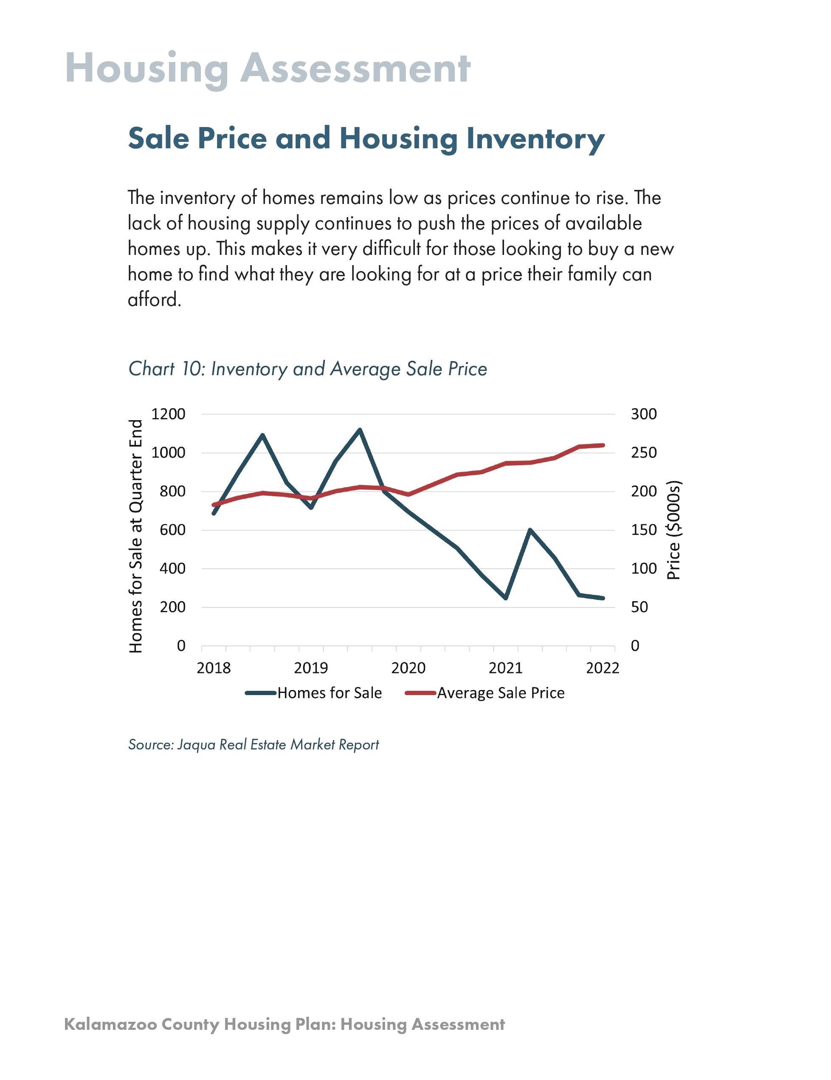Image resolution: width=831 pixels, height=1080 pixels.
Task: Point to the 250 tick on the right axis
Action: pos(643,452)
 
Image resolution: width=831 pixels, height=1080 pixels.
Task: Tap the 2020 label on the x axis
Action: pos(408,668)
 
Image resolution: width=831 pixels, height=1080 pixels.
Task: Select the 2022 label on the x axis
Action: pos(602,668)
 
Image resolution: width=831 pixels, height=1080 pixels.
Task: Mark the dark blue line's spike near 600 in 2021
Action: pos(530,530)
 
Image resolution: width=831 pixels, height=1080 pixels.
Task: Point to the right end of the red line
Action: pos(603,445)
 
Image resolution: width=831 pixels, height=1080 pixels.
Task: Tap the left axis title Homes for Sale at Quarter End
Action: pos(135,536)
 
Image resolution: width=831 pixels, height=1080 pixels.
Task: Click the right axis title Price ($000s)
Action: pos(673,530)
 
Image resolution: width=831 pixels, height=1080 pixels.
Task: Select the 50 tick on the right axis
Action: pos(639,607)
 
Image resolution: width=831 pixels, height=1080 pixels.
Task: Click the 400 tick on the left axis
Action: pos(172,569)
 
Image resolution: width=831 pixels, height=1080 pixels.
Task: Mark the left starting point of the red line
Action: pos(214,505)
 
